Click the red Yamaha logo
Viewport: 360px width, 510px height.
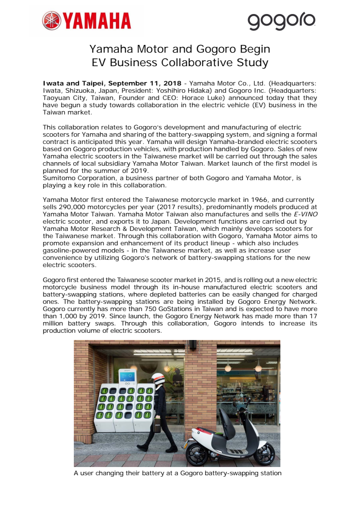pyautogui.click(x=87, y=21)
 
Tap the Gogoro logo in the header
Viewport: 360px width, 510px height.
pyautogui.click(x=281, y=21)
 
